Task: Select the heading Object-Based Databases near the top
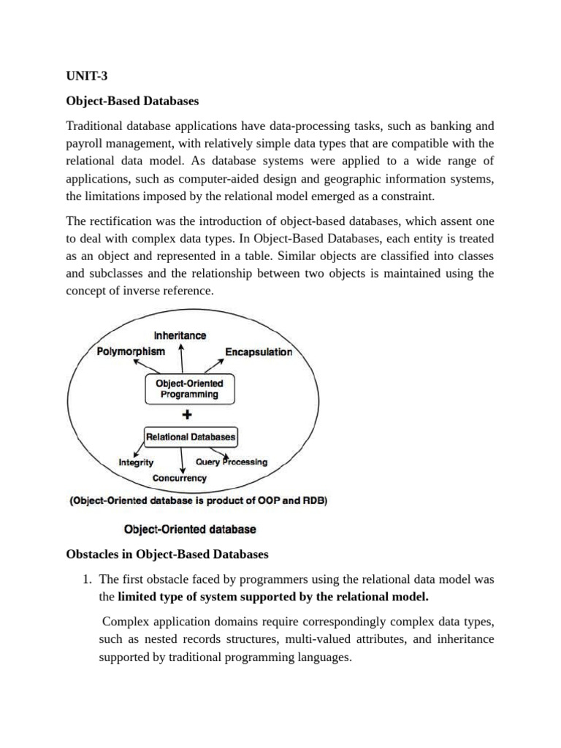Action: (x=132, y=99)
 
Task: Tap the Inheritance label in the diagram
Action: (x=180, y=335)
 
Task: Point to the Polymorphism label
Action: (x=131, y=351)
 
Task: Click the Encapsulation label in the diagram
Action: (x=259, y=352)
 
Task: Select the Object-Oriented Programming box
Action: (x=189, y=389)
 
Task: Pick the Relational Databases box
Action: (x=191, y=437)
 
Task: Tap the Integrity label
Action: (x=136, y=462)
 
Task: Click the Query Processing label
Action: (x=232, y=462)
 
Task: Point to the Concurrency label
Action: (x=180, y=478)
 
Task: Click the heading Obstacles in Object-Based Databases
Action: (x=167, y=554)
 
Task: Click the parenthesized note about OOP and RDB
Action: (x=199, y=501)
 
